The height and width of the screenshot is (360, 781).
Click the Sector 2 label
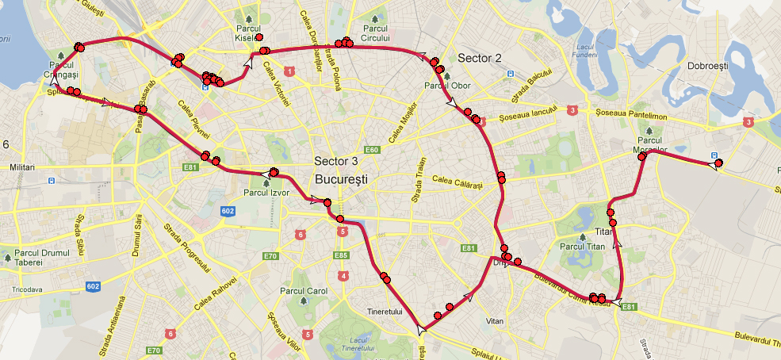click(480, 58)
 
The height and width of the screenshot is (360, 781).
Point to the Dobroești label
click(707, 67)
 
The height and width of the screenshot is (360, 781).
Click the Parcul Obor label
click(448, 85)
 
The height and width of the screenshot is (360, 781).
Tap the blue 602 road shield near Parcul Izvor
click(228, 211)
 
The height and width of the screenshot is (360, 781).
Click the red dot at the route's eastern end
click(718, 163)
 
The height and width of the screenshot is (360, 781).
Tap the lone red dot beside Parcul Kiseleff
click(259, 37)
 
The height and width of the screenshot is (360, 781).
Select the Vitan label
click(496, 322)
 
